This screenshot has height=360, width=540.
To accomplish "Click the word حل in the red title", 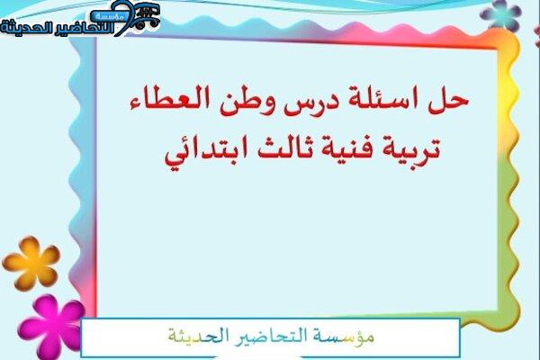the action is [448, 102].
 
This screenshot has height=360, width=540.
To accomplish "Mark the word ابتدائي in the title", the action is [204, 151].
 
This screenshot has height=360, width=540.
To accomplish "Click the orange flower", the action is [31, 263].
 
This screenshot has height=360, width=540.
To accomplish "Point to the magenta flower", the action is [51, 327].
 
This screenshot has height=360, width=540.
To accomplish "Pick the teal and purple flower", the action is [501, 14].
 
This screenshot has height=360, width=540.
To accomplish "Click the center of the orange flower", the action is [32, 263].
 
